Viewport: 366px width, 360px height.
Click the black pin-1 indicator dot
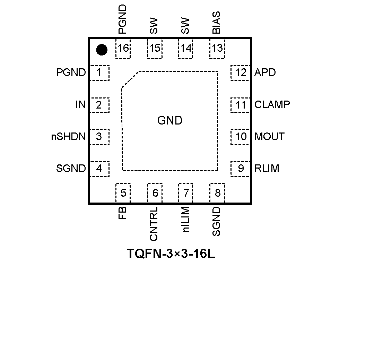pos(102,50)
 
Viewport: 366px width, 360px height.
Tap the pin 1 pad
pos(99,73)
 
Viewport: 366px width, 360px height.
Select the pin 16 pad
pos(123,48)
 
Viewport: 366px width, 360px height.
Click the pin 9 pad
pos(241,169)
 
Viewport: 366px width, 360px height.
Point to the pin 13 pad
pos(217,48)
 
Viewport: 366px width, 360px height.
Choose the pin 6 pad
pos(155,193)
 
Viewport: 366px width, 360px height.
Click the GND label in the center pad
pos(170,121)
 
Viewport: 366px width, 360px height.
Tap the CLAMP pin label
pos(272,105)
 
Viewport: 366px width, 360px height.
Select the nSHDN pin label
pos(68,137)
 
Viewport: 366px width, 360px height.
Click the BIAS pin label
pos(217,23)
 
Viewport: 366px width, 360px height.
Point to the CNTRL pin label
pos(154,224)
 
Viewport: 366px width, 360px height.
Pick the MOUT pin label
pos(269,137)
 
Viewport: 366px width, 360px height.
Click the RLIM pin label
pos(267,169)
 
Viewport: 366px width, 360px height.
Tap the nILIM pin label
pos(185,220)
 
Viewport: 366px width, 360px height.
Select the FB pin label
pos(122,213)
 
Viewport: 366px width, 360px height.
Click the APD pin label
pos(265,73)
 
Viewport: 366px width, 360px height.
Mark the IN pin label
pos(80,105)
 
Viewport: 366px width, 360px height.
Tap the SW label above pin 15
pos(154,26)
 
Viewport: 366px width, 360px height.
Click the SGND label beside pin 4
pos(71,169)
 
